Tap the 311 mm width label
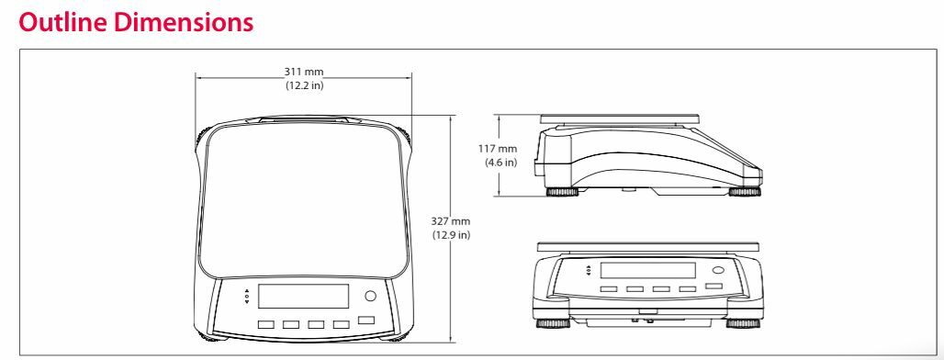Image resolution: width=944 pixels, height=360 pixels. point(304,72)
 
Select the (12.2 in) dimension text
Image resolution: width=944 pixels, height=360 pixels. point(304,85)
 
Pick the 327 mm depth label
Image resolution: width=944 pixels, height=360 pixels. point(452,221)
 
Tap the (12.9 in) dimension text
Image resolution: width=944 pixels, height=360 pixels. point(452,235)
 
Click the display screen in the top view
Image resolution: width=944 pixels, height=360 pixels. point(303,297)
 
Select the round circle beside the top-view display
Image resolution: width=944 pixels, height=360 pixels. point(370,297)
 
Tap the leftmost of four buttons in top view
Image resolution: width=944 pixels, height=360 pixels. point(266,324)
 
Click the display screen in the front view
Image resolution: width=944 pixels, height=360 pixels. point(647,270)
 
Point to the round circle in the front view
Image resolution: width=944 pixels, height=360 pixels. point(719,271)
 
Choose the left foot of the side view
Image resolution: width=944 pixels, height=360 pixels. point(561,192)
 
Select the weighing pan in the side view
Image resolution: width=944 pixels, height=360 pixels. point(620,118)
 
